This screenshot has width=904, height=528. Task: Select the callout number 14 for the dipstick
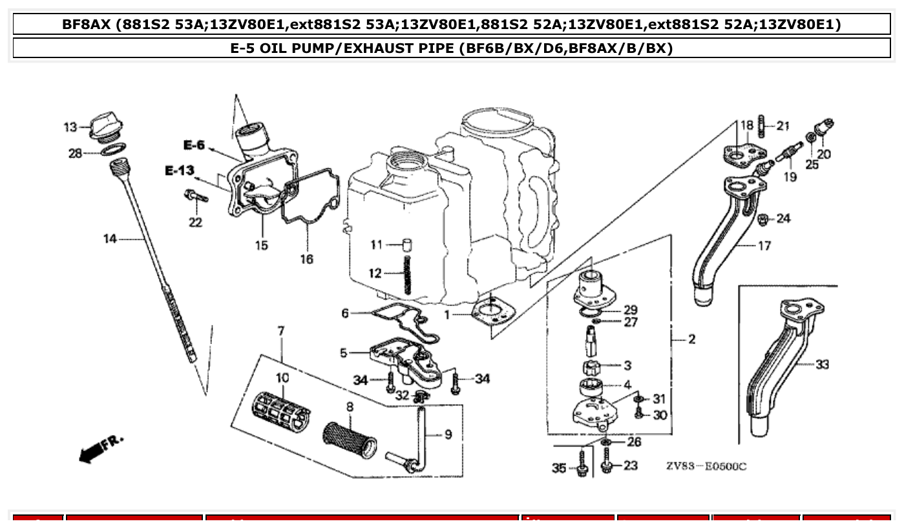[110, 239]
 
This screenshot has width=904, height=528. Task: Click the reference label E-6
[193, 145]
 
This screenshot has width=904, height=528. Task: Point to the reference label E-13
[179, 170]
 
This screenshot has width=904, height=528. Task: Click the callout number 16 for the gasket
[306, 259]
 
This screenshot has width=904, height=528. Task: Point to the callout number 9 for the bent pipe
[448, 435]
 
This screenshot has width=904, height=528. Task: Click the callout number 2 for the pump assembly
[691, 340]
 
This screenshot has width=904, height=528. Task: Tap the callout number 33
[822, 365]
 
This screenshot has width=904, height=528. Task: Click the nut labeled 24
[763, 219]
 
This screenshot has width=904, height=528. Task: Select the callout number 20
[824, 154]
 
